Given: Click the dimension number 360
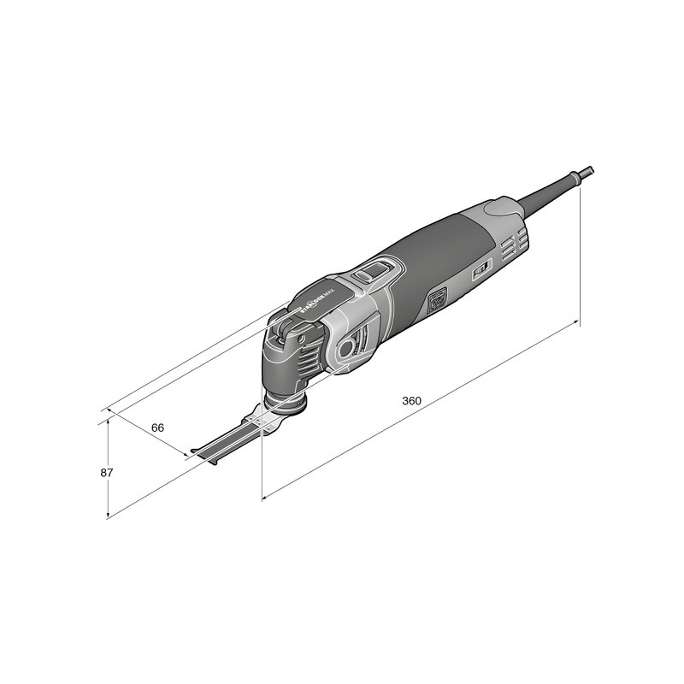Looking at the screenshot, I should coord(411,401).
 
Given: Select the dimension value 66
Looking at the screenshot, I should coord(157,427).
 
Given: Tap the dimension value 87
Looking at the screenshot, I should coord(107,472).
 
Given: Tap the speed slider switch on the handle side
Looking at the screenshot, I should coord(481,273).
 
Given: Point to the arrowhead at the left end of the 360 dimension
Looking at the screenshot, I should coord(265,495).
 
